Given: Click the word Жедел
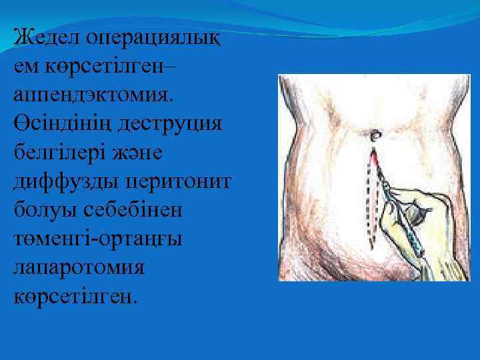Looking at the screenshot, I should coord(45,35).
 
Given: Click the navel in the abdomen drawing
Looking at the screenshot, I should coord(373,136).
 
